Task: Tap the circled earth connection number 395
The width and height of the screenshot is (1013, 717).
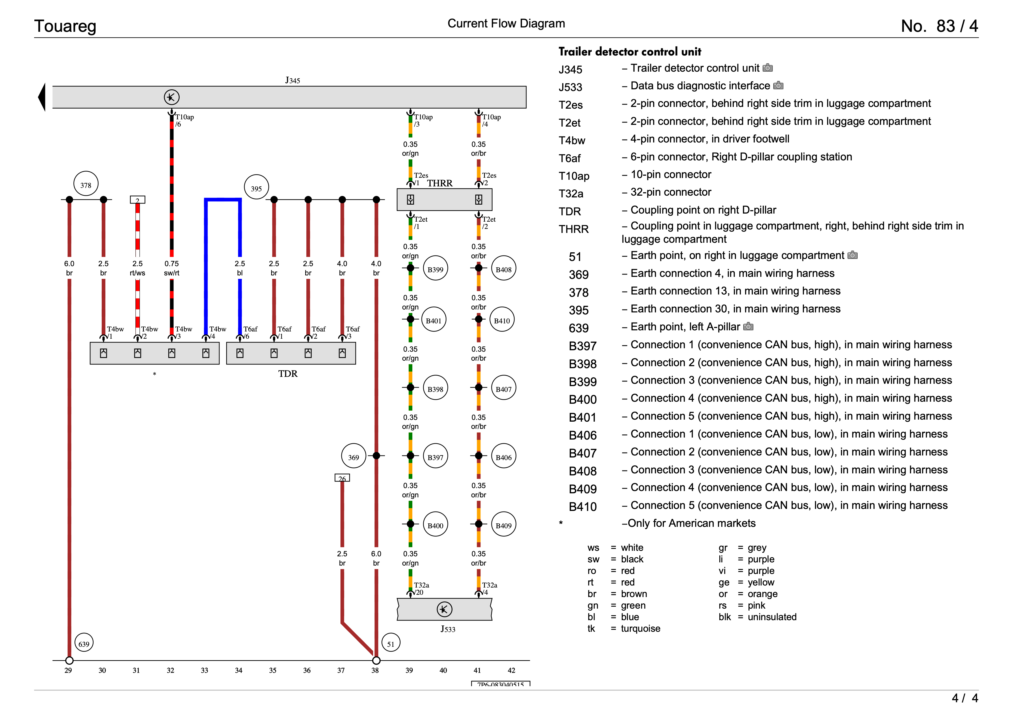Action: point(256,187)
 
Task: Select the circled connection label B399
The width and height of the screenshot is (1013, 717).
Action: point(435,268)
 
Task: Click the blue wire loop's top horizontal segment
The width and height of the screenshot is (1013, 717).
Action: point(223,200)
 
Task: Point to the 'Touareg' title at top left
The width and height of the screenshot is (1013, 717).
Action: point(65,26)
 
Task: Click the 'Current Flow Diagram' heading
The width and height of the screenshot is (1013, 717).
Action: point(506,23)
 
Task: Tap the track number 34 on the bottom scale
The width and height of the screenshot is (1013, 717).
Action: point(239,670)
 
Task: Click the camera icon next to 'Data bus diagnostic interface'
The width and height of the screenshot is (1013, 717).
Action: point(778,85)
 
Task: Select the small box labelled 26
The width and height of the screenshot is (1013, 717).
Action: point(342,478)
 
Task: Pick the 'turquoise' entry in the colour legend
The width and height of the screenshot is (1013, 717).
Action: point(640,629)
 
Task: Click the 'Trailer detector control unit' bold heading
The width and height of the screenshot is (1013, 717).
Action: point(630,52)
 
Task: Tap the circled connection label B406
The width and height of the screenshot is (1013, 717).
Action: point(503,457)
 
